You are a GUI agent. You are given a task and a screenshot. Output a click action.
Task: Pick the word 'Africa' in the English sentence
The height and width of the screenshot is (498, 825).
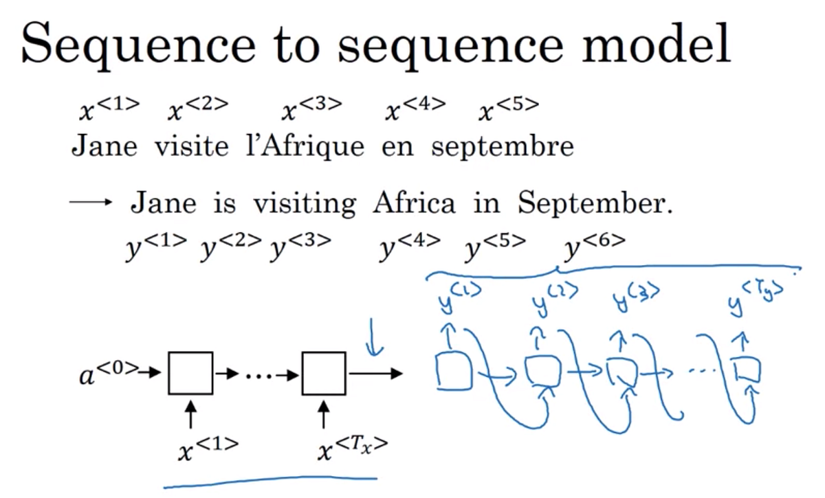click(415, 203)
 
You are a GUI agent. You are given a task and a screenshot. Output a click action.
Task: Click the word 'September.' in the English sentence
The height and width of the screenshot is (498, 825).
click(595, 204)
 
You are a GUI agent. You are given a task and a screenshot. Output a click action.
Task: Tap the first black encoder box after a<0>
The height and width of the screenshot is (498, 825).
click(190, 373)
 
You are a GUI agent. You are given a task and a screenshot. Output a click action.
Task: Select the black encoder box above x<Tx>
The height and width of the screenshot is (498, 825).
click(324, 373)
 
